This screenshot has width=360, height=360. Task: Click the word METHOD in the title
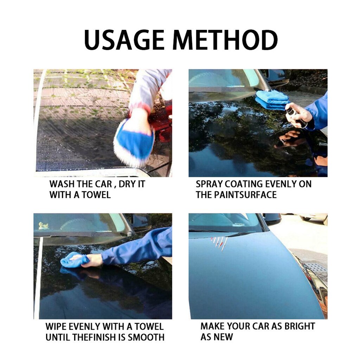tap(225, 40)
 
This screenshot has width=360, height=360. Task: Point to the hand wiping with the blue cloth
tap(92, 260)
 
